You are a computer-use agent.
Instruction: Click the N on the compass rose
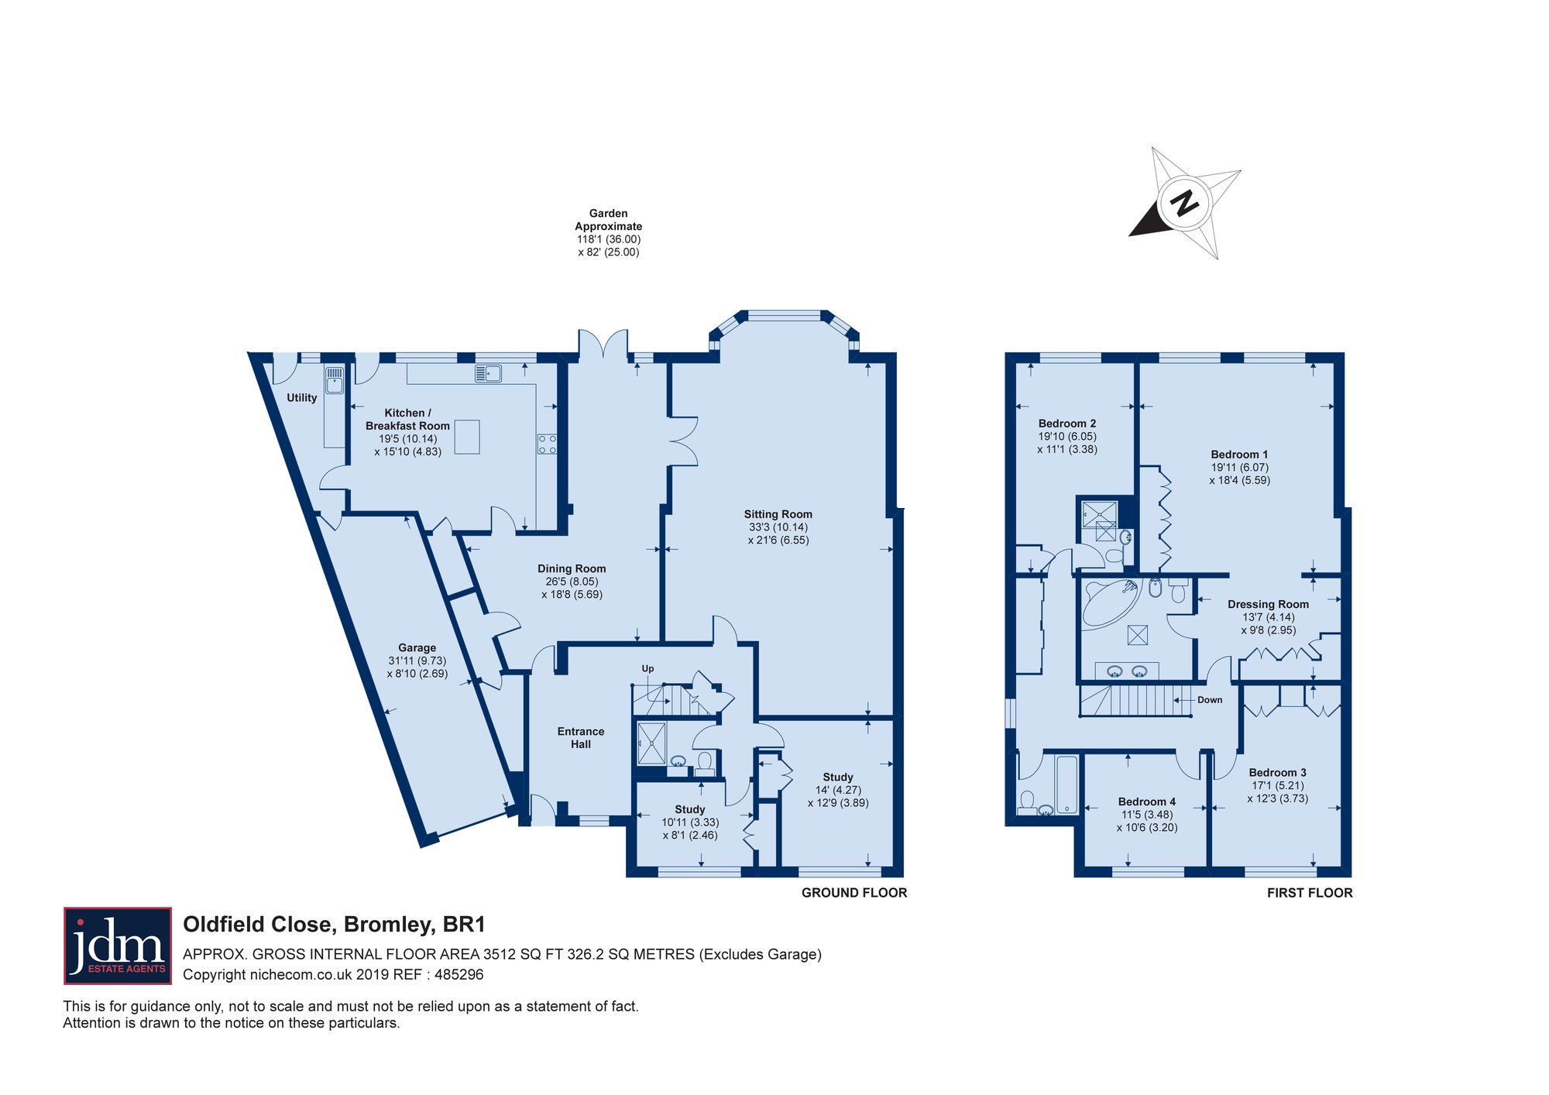click(1184, 204)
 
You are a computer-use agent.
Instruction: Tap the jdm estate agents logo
click(118, 946)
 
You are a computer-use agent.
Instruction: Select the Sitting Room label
click(778, 514)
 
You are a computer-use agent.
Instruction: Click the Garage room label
click(417, 647)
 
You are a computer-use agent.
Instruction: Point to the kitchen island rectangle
click(467, 437)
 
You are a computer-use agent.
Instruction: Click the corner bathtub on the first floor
click(1110, 602)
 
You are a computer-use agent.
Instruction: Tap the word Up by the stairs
click(647, 668)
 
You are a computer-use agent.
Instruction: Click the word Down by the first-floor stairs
click(1210, 700)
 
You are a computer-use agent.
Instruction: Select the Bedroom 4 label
click(1147, 802)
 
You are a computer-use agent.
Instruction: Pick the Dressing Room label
click(1269, 604)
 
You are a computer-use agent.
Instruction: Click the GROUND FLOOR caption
click(854, 893)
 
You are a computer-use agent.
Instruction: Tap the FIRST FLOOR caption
click(1310, 893)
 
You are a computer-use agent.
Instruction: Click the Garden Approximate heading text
click(609, 220)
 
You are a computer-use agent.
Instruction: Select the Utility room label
click(302, 397)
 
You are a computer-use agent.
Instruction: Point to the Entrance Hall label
click(581, 737)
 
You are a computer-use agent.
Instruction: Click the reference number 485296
click(459, 975)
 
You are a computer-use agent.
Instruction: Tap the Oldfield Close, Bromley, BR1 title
click(334, 925)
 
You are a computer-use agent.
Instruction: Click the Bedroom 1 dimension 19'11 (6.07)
click(1240, 467)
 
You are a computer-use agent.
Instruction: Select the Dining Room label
click(572, 568)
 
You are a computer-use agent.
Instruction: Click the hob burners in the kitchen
click(548, 445)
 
